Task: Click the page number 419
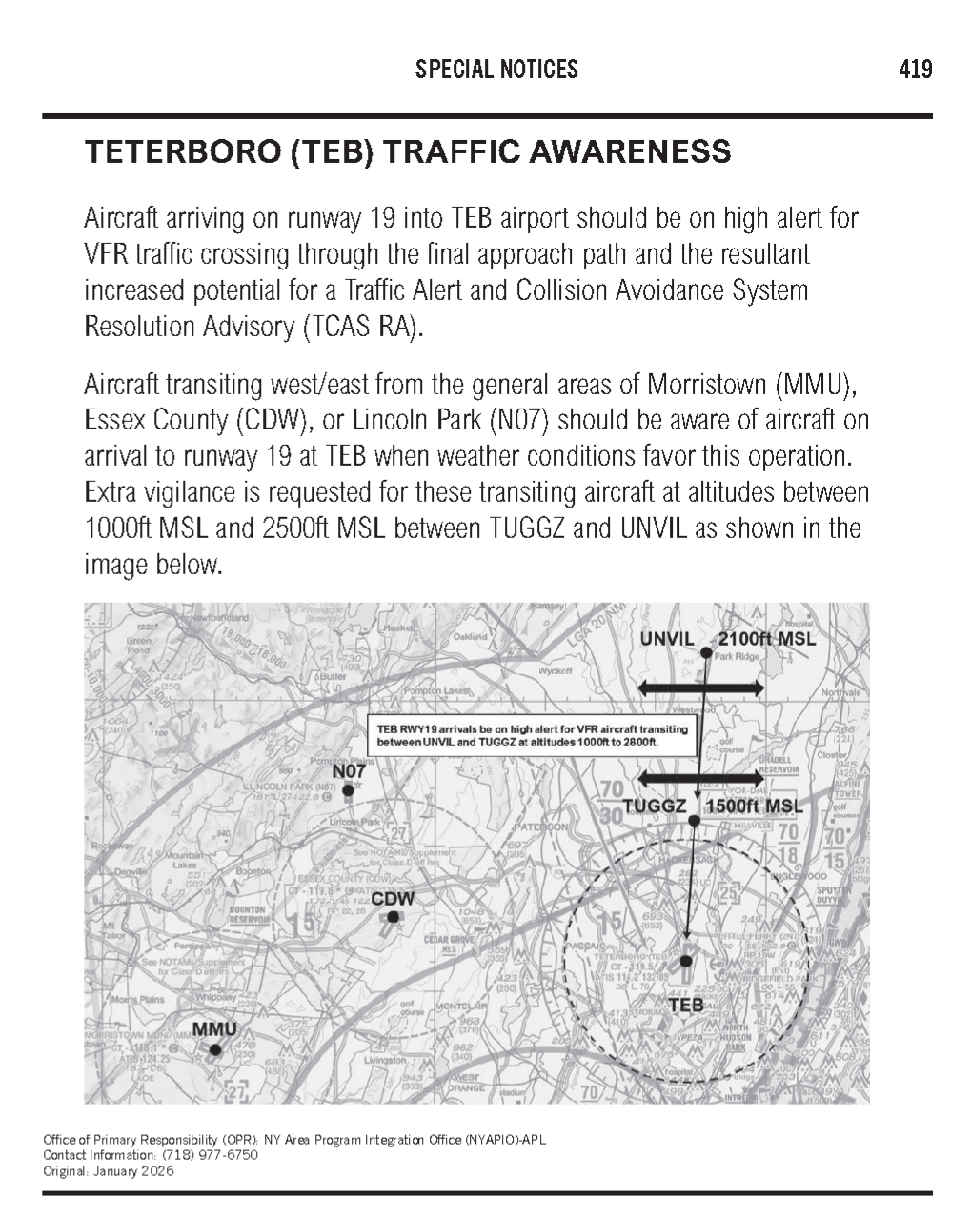coord(915,69)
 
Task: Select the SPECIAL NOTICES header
coord(496,69)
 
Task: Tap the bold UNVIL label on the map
coord(666,639)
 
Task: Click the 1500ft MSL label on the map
coord(754,807)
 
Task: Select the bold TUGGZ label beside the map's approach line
coord(655,807)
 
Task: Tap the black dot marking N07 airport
coord(349,789)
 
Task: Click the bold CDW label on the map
coord(393,899)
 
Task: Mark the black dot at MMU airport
coord(215,1049)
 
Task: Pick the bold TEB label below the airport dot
coord(685,1005)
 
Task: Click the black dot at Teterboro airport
coord(685,962)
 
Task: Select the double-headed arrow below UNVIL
coord(700,688)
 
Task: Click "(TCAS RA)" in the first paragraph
coord(362,327)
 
